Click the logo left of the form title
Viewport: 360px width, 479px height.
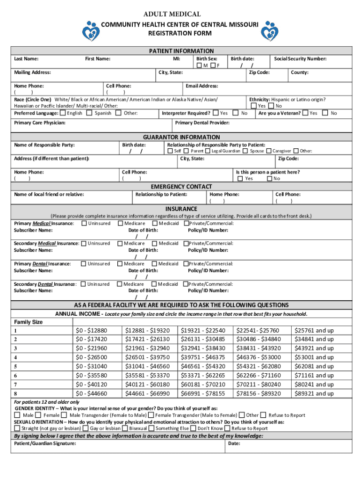(x=91, y=30)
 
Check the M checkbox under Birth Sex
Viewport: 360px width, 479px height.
(x=199, y=65)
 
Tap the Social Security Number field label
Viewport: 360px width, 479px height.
(x=300, y=59)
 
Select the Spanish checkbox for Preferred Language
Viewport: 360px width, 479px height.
(x=90, y=113)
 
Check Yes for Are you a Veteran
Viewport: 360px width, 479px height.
(x=305, y=113)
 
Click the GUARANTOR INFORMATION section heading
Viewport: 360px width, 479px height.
(x=181, y=137)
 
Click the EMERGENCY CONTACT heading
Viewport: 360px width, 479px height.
(x=181, y=187)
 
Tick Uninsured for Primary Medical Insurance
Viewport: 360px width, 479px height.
(x=84, y=224)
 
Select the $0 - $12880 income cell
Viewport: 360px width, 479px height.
(x=92, y=330)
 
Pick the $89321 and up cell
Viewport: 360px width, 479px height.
(x=313, y=394)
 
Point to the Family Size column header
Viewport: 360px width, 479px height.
(x=29, y=322)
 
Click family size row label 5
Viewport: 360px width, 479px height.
(x=16, y=366)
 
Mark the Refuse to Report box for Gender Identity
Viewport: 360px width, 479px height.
(x=264, y=415)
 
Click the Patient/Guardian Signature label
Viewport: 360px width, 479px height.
(x=45, y=443)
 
